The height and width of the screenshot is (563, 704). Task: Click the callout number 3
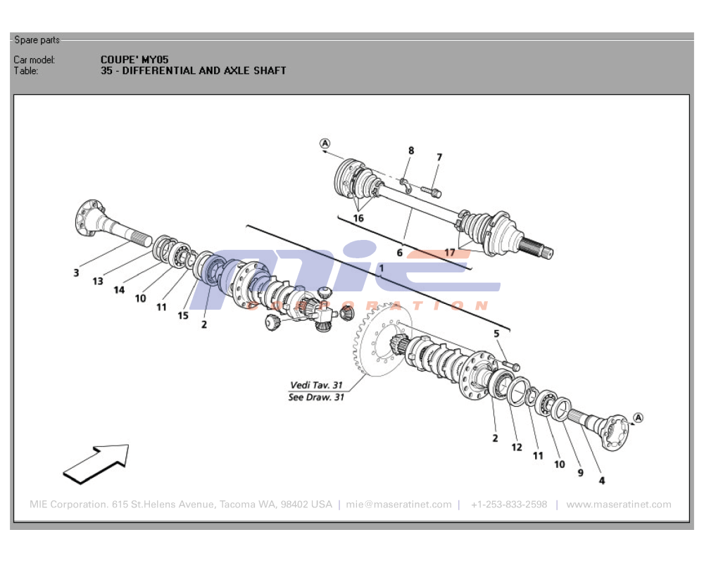(x=76, y=272)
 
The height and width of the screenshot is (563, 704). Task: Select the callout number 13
(x=97, y=281)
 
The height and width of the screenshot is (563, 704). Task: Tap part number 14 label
(x=119, y=289)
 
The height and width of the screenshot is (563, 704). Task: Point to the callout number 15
(x=183, y=316)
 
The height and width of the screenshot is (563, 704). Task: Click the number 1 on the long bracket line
(x=381, y=269)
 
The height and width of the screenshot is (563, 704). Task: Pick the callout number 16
(x=358, y=218)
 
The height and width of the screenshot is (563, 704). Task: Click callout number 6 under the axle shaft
(x=399, y=252)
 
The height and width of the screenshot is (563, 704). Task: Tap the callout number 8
(x=411, y=150)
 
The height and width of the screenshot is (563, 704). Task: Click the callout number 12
(x=517, y=448)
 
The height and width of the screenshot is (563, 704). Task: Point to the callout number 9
(x=580, y=473)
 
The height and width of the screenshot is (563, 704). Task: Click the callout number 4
(x=602, y=481)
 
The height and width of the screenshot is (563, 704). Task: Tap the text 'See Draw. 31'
(x=316, y=397)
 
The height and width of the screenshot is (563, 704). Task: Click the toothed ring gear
(x=366, y=352)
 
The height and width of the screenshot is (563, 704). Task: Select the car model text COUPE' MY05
(x=134, y=60)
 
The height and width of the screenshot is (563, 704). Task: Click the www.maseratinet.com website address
(x=618, y=505)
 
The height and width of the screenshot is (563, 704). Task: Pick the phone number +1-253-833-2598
(x=508, y=505)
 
